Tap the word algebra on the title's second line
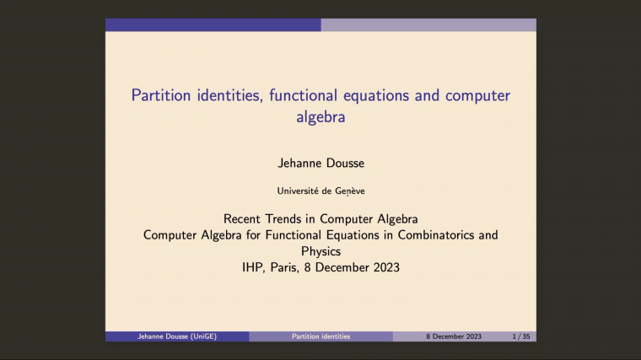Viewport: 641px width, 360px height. point(320,117)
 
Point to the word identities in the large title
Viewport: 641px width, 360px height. point(227,95)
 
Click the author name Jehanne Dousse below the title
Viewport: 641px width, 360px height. point(320,162)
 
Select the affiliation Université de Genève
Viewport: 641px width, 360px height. point(320,191)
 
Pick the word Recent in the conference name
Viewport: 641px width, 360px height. point(245,219)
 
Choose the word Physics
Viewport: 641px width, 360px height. point(320,251)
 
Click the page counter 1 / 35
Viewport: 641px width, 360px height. point(521,336)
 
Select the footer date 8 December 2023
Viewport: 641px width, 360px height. point(453,336)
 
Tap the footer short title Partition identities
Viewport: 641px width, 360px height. point(320,336)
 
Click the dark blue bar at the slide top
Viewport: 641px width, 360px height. point(213,25)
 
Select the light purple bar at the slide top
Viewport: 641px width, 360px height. point(428,25)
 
